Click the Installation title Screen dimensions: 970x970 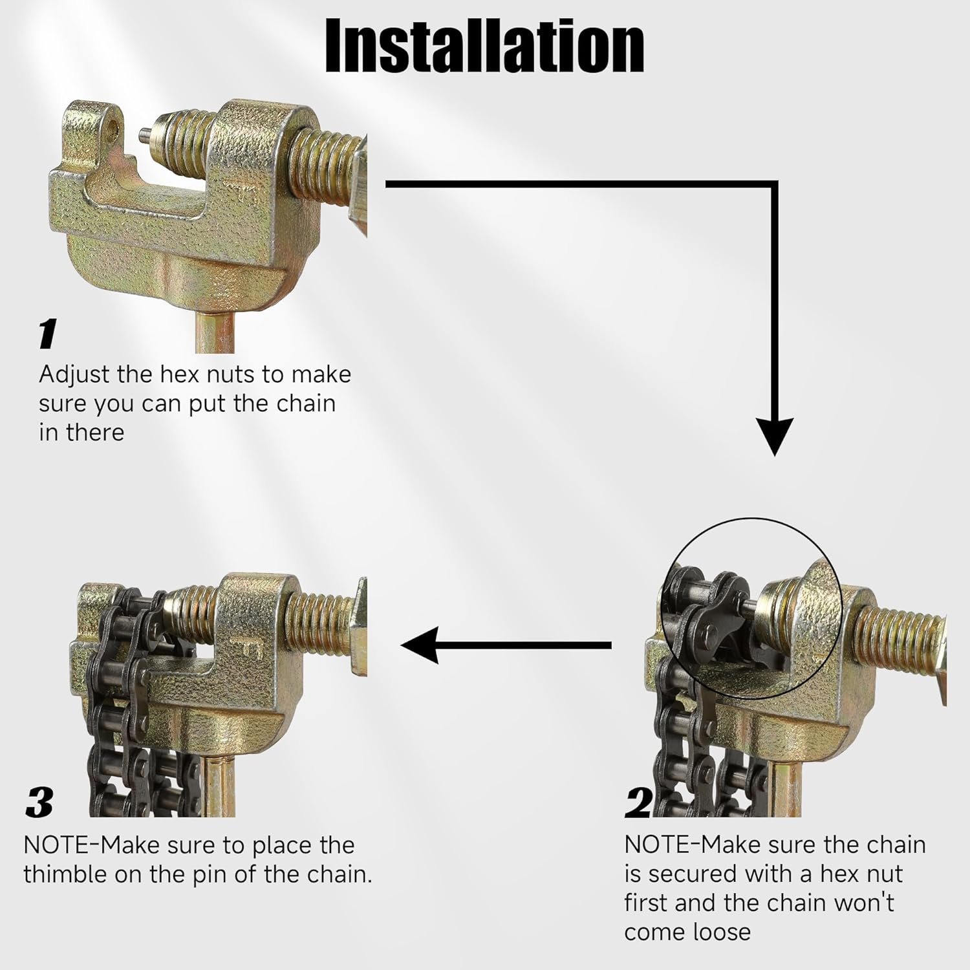point(484,46)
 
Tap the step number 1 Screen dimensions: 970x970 point(47,334)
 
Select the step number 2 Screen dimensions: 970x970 point(638,803)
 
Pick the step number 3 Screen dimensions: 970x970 point(39,803)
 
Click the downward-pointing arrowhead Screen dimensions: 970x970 point(774,437)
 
